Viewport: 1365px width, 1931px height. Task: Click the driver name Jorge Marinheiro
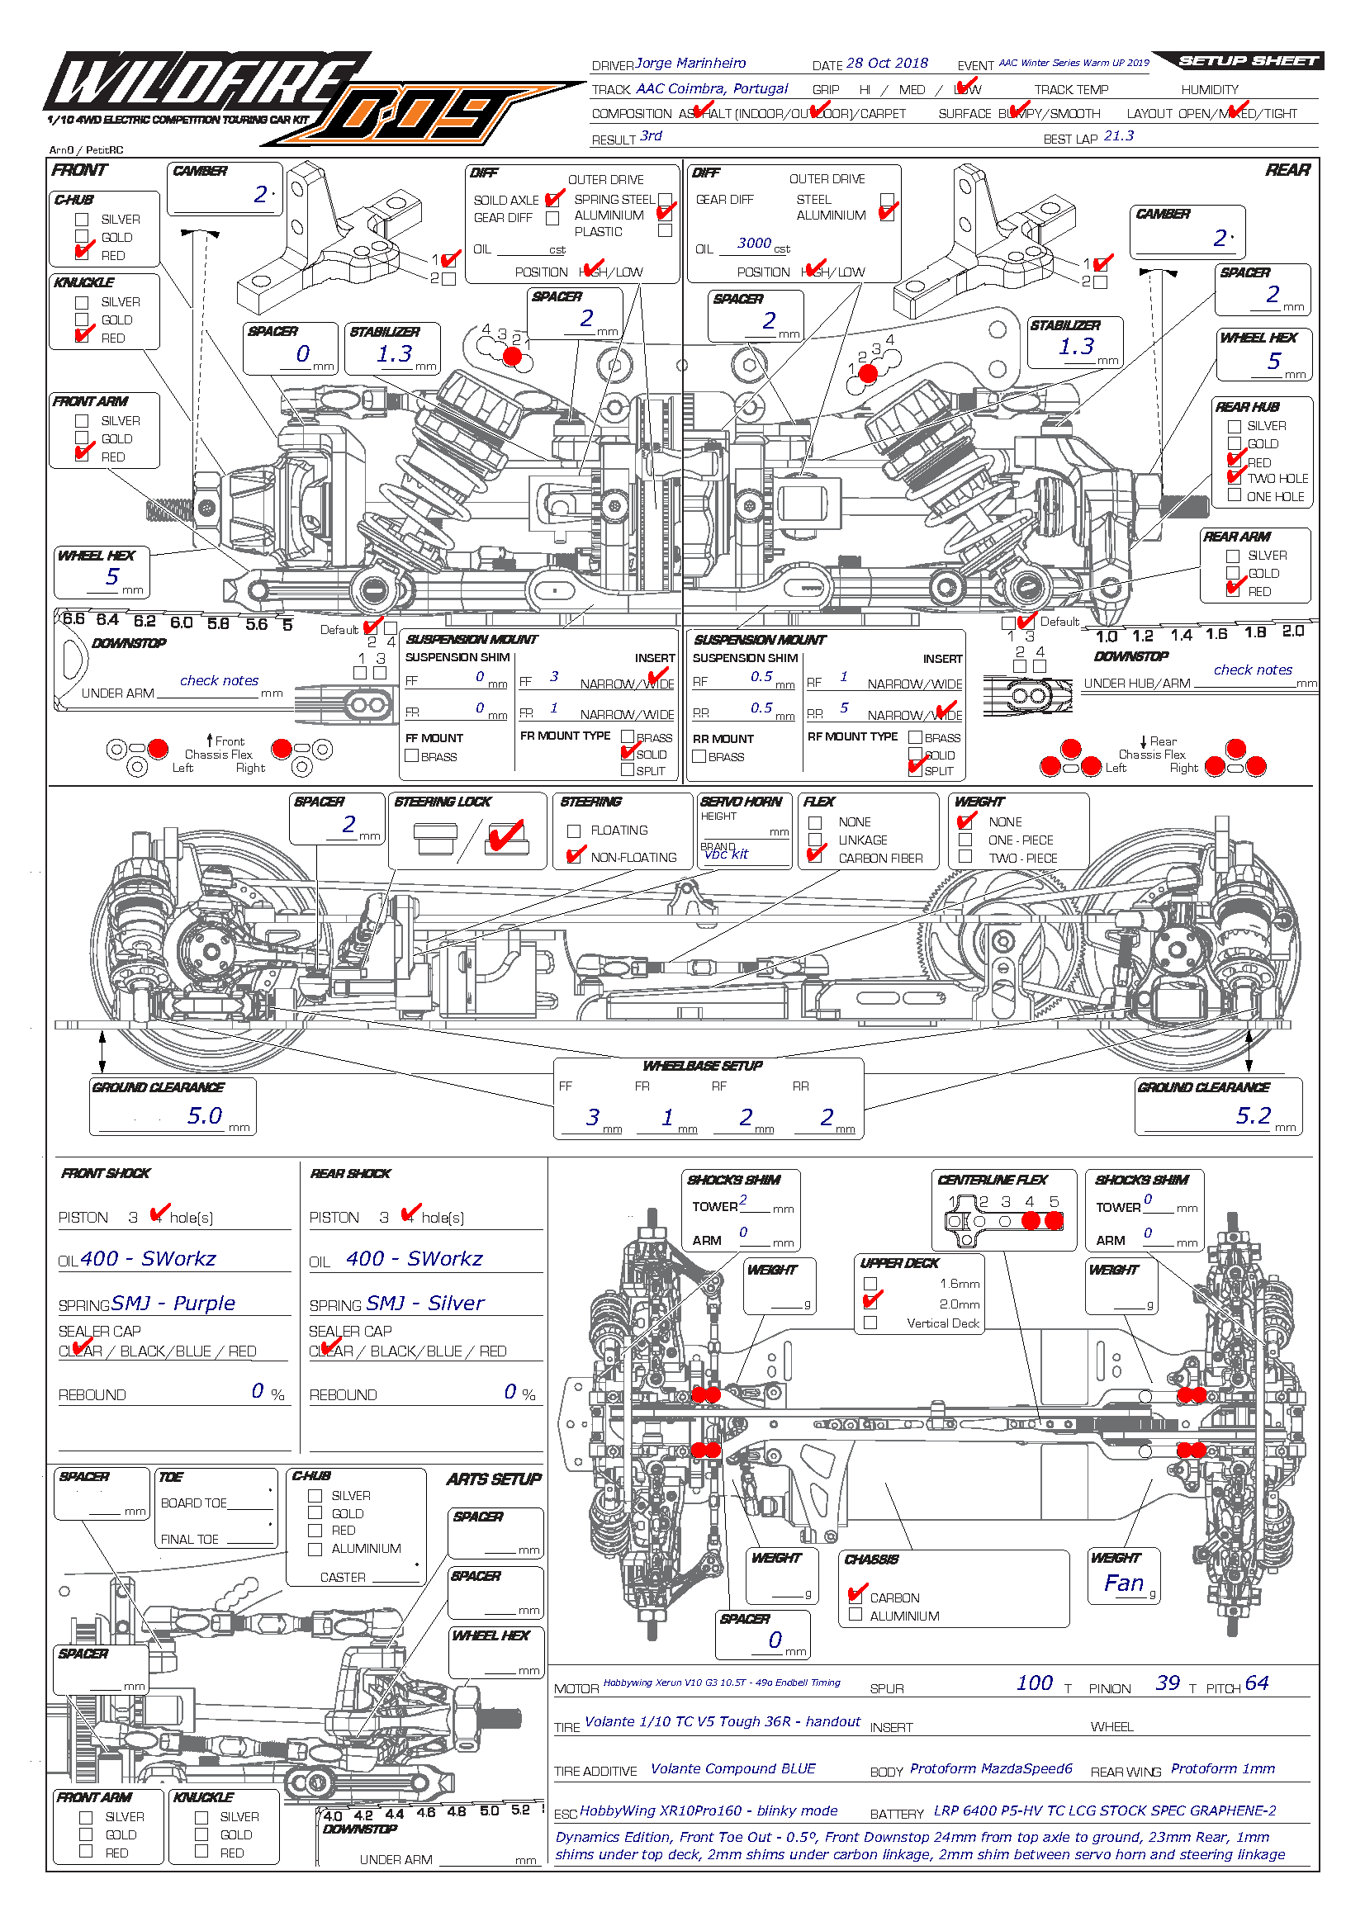(690, 63)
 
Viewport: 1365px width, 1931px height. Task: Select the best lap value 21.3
(1119, 136)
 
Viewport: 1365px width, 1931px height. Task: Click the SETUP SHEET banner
(1247, 60)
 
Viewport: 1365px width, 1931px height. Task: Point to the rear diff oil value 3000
(754, 243)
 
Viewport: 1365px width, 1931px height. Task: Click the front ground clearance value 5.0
(204, 1116)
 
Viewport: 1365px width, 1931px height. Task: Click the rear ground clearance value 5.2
(1254, 1116)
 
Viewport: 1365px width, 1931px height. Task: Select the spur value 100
(1035, 1683)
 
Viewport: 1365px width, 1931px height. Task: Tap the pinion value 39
(1168, 1683)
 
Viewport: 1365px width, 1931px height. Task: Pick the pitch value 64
(1257, 1683)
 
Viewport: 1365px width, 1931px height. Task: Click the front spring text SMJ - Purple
(173, 1304)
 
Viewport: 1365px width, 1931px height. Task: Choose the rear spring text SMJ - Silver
(425, 1304)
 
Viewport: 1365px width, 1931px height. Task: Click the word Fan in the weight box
(1124, 1583)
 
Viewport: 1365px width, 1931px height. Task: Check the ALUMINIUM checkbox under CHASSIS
(855, 1615)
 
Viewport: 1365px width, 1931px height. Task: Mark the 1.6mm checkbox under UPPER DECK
(870, 1285)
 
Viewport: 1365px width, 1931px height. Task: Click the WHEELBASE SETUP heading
(702, 1067)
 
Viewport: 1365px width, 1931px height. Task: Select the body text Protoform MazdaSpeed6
(991, 1768)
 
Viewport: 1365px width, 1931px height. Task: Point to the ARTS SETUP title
(494, 1479)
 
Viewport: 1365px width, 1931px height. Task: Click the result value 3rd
(651, 136)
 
